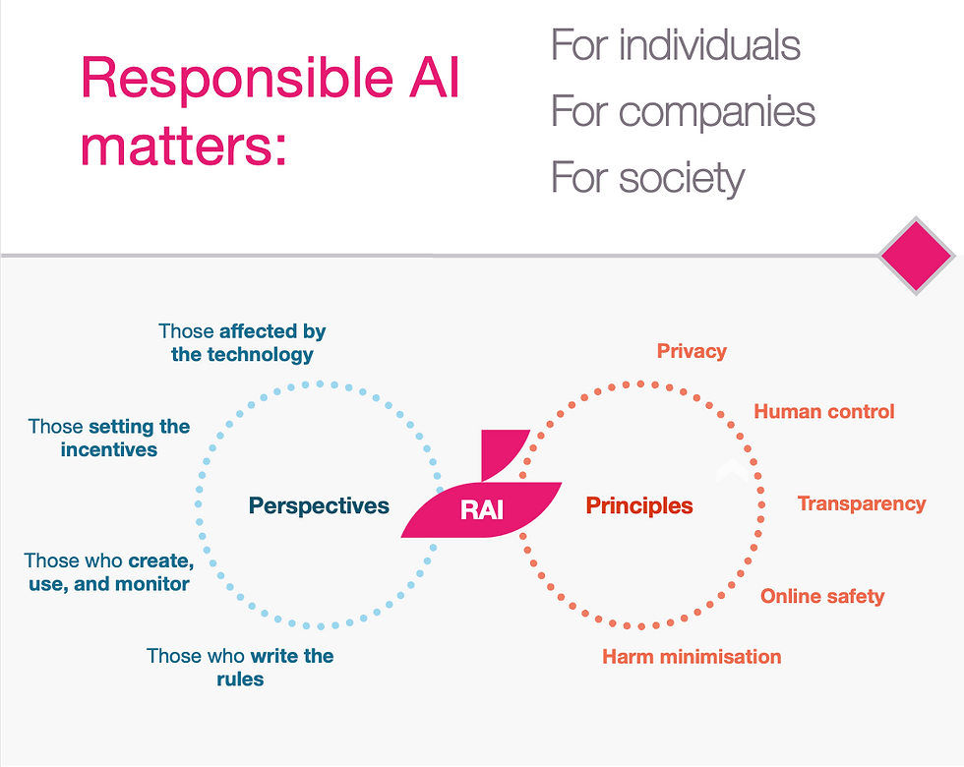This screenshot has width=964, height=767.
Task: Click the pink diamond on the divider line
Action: [x=917, y=256]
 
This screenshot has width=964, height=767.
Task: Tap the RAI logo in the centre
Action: [x=482, y=510]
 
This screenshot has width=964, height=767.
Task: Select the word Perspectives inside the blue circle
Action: [x=319, y=506]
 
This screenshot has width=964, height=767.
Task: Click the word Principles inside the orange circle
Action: [x=639, y=506]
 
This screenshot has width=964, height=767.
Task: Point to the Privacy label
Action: [x=692, y=351]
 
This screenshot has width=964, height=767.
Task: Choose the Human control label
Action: [x=824, y=411]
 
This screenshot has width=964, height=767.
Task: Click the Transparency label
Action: [x=862, y=503]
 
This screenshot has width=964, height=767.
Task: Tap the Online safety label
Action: [x=822, y=596]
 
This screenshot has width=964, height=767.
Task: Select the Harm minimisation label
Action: [x=692, y=656]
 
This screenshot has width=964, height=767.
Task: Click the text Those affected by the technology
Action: [x=242, y=342]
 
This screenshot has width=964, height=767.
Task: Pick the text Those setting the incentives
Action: [x=109, y=438]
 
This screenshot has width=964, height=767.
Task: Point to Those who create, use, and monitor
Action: [x=108, y=571]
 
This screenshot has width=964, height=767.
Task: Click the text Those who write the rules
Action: [x=240, y=667]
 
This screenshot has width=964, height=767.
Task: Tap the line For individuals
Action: [x=675, y=45]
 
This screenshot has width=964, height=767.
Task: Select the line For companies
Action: [x=683, y=111]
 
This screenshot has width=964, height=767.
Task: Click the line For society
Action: [x=647, y=178]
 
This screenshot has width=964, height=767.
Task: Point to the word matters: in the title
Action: [x=184, y=147]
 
